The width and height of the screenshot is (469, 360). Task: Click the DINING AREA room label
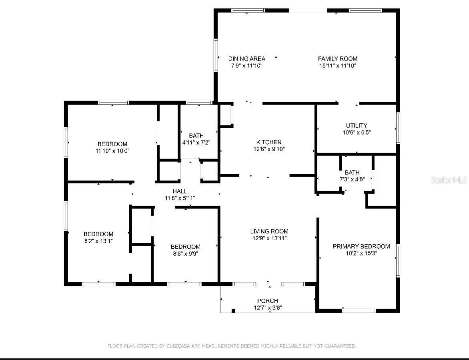click(247, 58)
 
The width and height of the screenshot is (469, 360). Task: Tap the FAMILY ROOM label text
click(337, 58)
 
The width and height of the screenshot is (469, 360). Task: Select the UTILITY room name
click(356, 125)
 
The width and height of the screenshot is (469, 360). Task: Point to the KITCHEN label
click(269, 142)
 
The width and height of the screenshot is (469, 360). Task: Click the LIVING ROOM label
click(269, 231)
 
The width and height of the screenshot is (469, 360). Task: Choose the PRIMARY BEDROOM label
click(361, 246)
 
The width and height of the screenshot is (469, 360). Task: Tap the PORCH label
click(268, 301)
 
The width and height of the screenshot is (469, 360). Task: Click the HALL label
click(180, 191)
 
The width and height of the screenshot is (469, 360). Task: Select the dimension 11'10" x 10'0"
click(112, 151)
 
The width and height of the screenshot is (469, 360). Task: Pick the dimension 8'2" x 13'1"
click(98, 241)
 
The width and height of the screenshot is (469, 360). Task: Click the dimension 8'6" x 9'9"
click(185, 253)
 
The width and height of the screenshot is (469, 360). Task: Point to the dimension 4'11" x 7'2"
click(196, 142)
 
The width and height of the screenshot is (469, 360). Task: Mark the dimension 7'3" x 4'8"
click(352, 179)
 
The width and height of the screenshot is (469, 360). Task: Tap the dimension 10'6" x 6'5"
click(356, 132)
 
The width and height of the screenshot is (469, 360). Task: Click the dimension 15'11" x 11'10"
click(337, 65)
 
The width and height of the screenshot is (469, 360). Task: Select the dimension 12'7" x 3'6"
click(268, 308)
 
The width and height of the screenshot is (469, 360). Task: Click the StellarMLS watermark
click(449, 180)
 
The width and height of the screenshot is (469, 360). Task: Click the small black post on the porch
click(233, 311)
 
